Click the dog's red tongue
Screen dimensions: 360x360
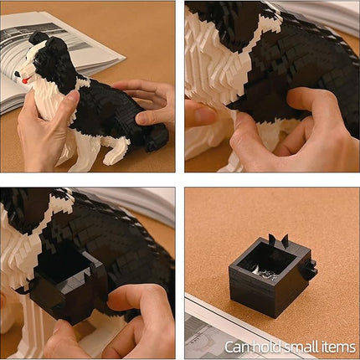25,81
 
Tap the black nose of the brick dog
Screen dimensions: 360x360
18,75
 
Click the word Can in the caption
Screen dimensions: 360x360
237,347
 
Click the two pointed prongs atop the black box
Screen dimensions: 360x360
278,241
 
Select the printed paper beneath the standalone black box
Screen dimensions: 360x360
251,329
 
